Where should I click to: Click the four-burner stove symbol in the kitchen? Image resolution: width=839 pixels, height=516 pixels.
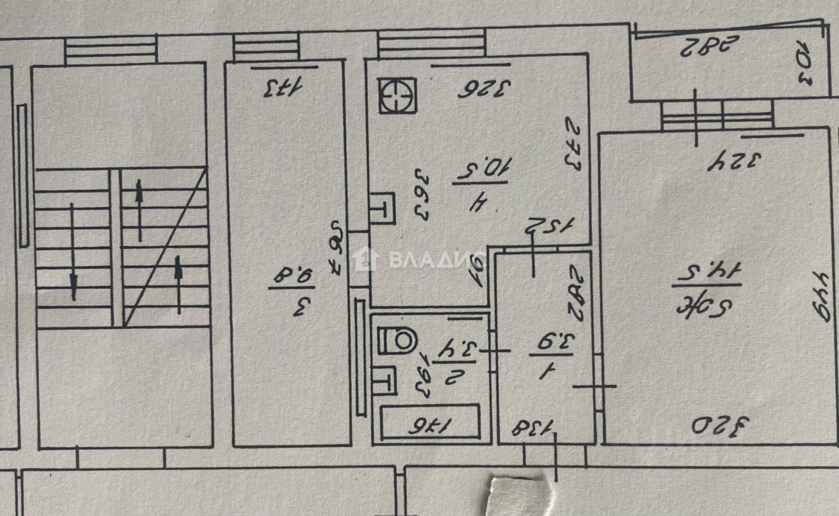point(397,96)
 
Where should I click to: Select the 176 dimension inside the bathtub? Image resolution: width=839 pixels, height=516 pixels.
point(433,426)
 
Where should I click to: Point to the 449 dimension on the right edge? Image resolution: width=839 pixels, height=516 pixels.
point(821,296)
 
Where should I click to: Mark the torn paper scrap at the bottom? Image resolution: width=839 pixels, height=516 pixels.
point(518,495)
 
